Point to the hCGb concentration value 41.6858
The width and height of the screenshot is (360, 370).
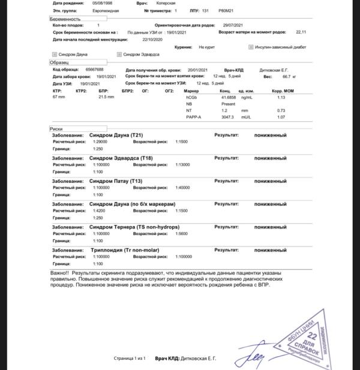(229, 97)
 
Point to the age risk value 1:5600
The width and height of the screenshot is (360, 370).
(182, 233)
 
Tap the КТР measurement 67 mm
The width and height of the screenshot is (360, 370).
(59, 97)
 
